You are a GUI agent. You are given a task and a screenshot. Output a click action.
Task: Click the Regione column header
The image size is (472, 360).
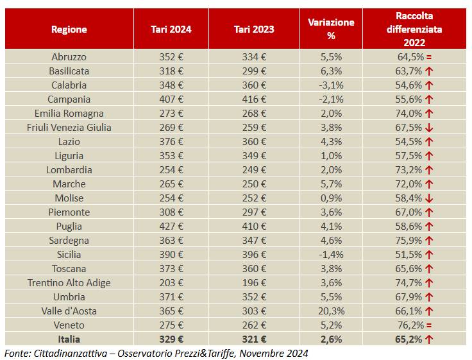pos(69,30)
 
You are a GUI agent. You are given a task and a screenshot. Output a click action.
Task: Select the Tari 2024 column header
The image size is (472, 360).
pos(171,30)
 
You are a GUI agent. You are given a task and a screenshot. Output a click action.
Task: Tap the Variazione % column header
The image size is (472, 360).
pos(331,30)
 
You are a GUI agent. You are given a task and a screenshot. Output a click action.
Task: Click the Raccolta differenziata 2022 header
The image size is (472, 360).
pos(414,30)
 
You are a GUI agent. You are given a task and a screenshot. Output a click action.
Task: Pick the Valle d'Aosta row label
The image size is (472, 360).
pos(69,311)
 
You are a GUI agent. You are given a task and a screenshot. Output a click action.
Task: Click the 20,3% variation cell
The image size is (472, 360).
pos(331,311)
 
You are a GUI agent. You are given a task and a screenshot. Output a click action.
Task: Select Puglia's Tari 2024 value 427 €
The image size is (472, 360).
pos(171,227)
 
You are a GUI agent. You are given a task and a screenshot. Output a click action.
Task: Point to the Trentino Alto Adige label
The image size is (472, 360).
pos(69,283)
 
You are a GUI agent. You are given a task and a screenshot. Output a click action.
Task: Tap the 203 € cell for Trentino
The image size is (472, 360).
pos(171,283)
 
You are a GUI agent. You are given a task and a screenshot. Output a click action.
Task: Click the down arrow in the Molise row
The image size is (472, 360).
pos(429,198)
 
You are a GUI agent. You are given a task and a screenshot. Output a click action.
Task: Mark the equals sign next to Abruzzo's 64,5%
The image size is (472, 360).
pos(429,57)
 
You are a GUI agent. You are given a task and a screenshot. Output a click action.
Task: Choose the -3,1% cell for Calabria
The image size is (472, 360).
pos(331,85)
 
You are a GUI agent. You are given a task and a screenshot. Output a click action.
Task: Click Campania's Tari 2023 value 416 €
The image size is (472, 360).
pos(254,99)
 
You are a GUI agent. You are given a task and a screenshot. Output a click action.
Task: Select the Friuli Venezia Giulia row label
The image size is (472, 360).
pos(69,128)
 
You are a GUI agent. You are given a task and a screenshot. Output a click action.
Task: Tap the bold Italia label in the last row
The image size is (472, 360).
pos(69,339)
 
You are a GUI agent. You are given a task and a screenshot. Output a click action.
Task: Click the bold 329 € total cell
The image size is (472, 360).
pos(171,339)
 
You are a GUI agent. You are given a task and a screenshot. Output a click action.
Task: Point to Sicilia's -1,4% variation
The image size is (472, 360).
pos(331,255)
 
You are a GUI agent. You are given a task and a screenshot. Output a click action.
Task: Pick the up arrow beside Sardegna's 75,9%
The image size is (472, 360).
pos(429,241)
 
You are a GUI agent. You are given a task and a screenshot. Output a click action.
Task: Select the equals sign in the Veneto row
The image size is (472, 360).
pos(429,325)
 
